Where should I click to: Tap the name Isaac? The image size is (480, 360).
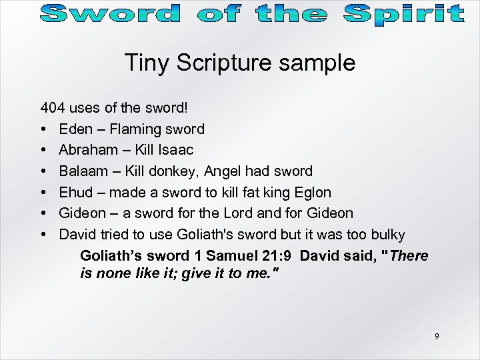pos(175,150)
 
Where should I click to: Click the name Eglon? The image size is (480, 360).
pos(312,193)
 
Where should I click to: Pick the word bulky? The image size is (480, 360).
pos(387,235)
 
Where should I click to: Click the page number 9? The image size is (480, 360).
pos(437,337)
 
